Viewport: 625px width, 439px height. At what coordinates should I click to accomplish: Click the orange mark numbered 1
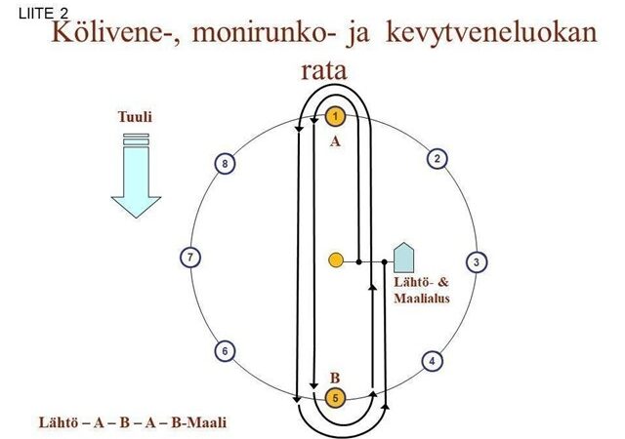(335, 117)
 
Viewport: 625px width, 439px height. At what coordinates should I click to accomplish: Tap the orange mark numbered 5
(335, 398)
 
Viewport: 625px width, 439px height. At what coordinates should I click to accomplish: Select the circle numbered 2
(438, 159)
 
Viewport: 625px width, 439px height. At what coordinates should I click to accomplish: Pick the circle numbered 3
(476, 261)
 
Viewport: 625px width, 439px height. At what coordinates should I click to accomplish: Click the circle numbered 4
(432, 361)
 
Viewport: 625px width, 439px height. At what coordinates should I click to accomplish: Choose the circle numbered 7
(191, 258)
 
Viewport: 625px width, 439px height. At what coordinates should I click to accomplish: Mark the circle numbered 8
(225, 164)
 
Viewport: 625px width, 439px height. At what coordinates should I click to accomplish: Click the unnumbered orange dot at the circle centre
(335, 260)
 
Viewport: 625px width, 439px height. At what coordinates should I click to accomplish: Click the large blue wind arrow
(135, 176)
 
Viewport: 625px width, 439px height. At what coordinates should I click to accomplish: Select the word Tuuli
(135, 117)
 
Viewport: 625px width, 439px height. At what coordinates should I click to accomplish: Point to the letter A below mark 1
(334, 141)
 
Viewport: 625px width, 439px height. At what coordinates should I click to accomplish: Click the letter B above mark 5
(334, 377)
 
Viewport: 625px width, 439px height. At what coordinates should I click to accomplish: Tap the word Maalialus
(421, 299)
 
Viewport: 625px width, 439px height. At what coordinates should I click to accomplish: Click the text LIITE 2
(44, 13)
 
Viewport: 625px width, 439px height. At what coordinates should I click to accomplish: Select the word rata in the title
(324, 71)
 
